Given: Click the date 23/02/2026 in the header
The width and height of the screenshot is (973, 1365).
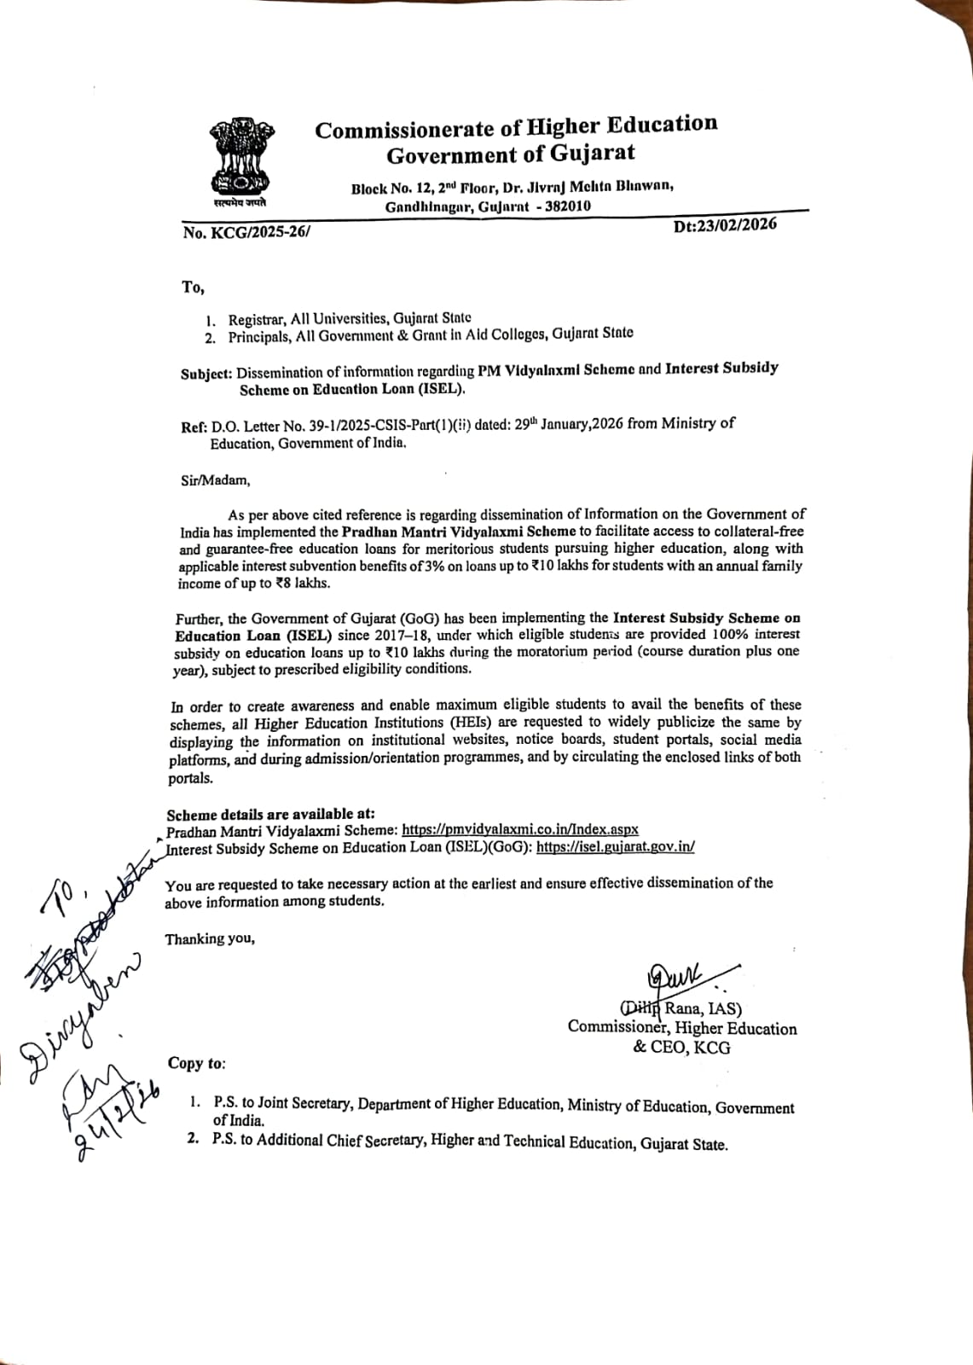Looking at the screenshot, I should pos(725,226).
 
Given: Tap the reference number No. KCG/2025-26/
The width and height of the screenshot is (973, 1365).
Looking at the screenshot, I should pos(246,232).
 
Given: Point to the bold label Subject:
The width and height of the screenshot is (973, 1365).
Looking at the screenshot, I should pos(206,373).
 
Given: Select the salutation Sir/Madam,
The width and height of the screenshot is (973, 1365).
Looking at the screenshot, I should pos(216,480).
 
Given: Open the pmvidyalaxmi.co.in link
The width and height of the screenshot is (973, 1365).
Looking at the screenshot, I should pos(520,829).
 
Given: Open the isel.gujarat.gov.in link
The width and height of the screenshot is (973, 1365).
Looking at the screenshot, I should pos(615,847).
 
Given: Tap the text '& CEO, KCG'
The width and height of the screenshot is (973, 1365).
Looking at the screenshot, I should pos(681,1048).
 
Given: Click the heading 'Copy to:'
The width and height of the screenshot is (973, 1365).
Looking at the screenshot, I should pos(197,1063).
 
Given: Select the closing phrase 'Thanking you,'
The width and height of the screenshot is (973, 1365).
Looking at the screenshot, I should pos(210,939).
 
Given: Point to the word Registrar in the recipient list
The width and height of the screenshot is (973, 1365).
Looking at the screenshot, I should pos(257,319).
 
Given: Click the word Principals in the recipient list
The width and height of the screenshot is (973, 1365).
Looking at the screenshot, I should pos(260,336).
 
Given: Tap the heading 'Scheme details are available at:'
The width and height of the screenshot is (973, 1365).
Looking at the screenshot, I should pos(270,813).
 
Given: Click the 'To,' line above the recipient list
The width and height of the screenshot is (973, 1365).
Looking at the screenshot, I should pos(193,287).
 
